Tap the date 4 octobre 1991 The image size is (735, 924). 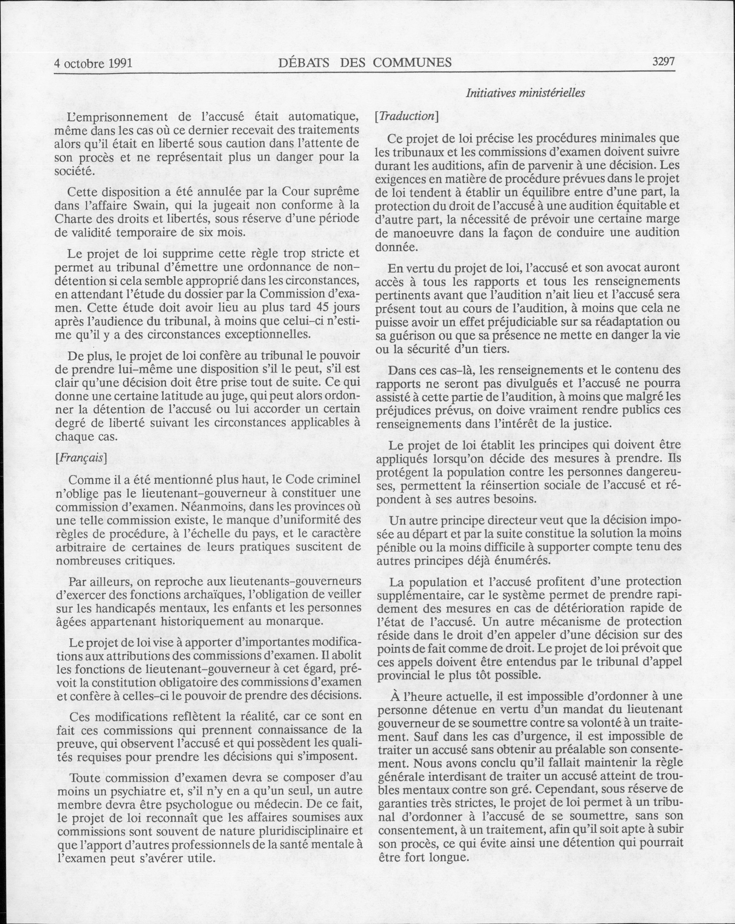(93, 64)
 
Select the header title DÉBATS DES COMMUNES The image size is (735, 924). (364, 63)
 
